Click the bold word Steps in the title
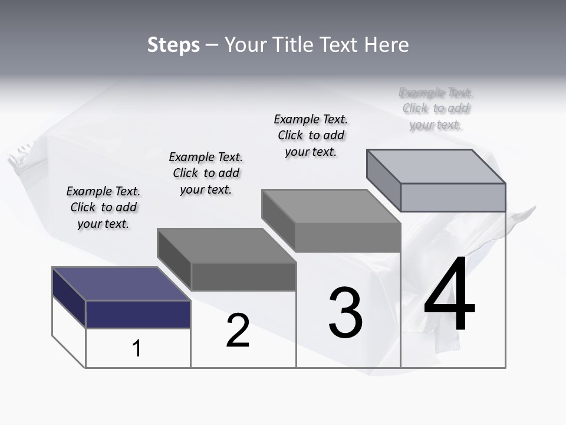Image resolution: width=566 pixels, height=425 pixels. pos(173,45)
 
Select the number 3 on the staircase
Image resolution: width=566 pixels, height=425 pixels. pos(345,313)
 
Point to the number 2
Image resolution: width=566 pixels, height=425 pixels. pos(238,331)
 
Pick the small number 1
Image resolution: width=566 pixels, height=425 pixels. pos(137,348)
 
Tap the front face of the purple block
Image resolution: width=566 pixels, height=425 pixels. pos(138,314)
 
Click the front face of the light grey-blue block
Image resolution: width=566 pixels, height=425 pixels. pos(453,197)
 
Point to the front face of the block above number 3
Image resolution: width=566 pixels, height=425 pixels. pos(348,238)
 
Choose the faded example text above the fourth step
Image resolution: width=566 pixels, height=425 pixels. pos(436,109)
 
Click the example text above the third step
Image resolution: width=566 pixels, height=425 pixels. pos(311,135)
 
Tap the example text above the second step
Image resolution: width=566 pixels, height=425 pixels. pos(206,173)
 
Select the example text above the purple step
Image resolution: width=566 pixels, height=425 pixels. pos(103,207)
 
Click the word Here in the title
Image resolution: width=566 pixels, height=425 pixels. pos(386,45)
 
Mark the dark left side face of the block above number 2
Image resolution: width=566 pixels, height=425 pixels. pos(175,260)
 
